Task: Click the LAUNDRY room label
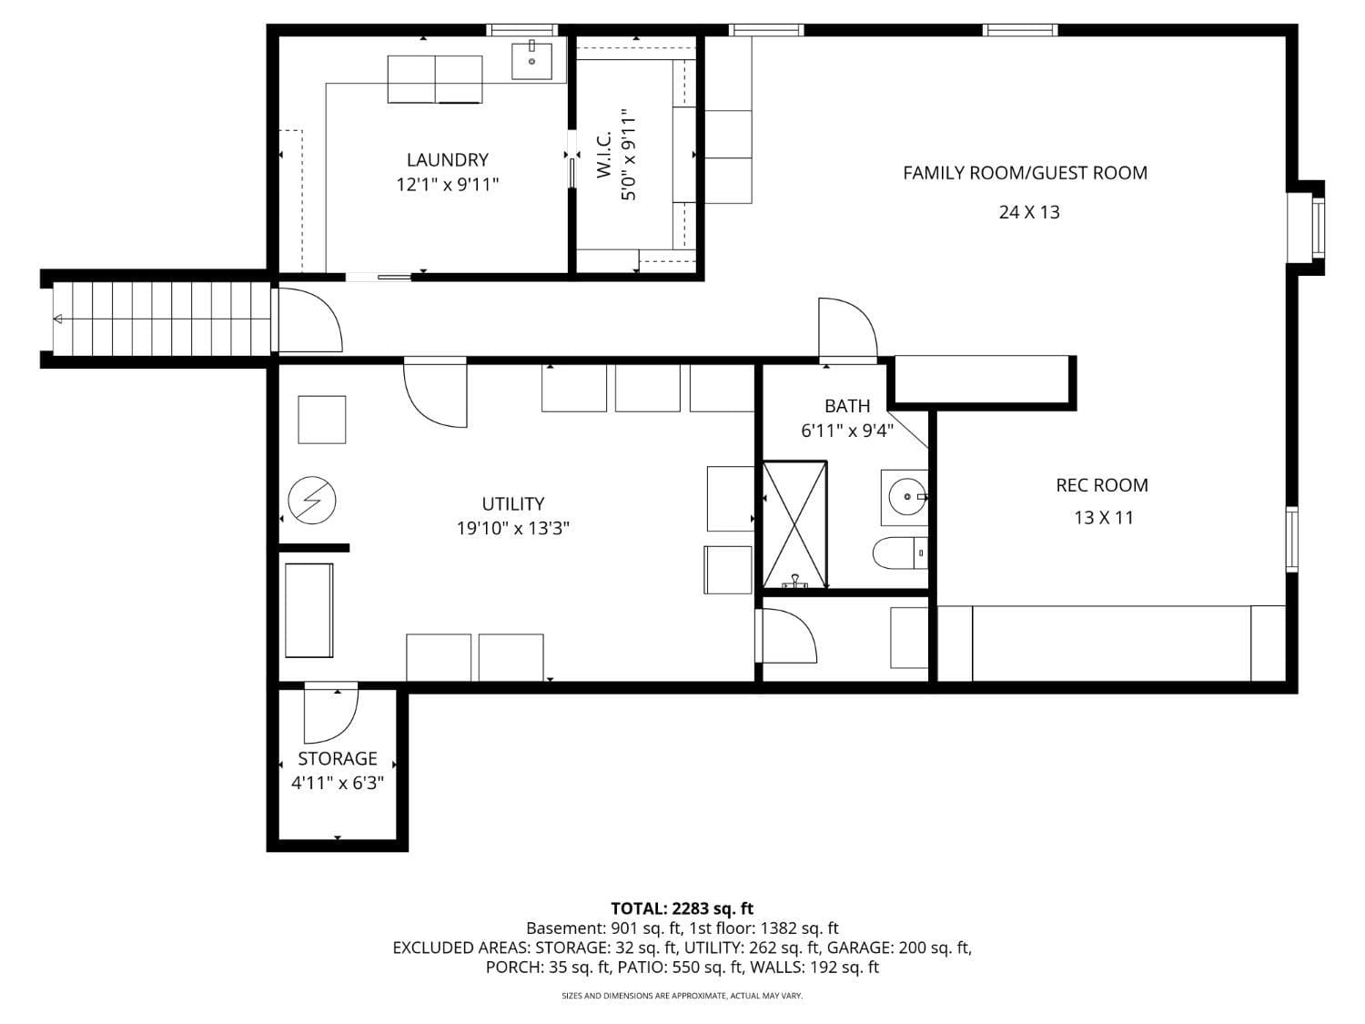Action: point(447,160)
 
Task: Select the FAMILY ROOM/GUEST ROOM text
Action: point(1025,173)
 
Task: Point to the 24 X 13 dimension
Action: point(1029,212)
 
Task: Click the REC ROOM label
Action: point(1101,485)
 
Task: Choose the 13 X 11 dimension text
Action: point(1103,518)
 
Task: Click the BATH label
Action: point(847,406)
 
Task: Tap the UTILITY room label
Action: point(513,503)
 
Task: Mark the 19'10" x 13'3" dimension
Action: point(513,529)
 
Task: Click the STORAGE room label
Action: point(337,758)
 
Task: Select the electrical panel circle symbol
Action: point(312,501)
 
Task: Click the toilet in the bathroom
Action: point(899,553)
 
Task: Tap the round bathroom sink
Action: point(905,497)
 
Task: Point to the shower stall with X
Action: point(795,524)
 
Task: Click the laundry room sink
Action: point(531,60)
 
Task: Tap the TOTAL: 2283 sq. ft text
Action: point(682,908)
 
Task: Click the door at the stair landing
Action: point(309,320)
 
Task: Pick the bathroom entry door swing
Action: point(846,330)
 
